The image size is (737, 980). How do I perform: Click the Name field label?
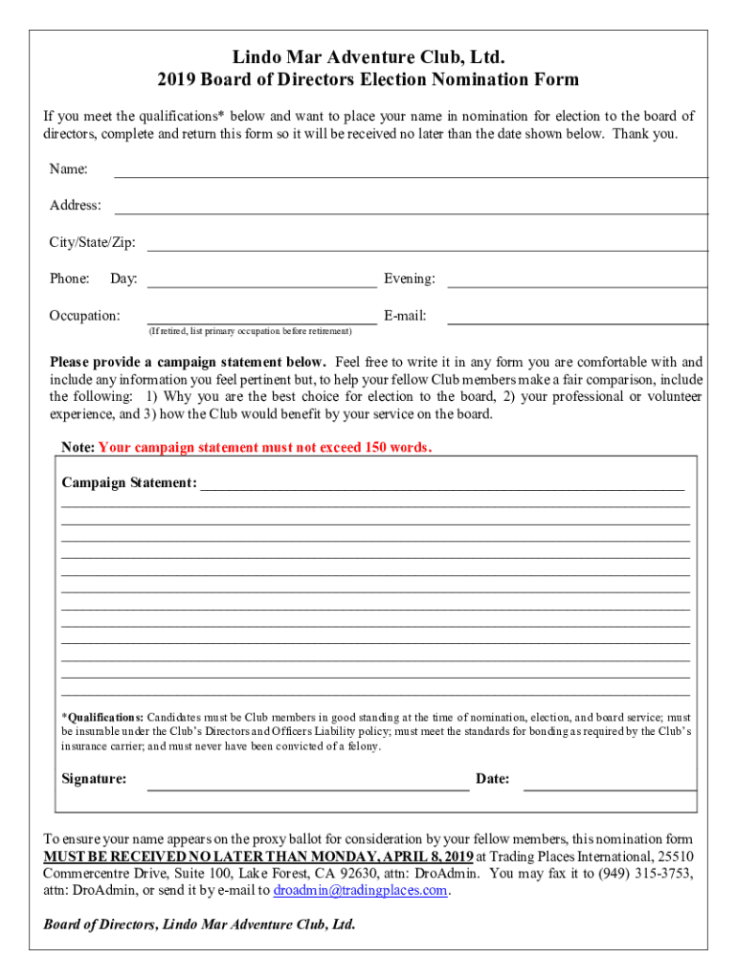pyautogui.click(x=69, y=169)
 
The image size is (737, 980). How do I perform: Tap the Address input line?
pyautogui.click(x=411, y=212)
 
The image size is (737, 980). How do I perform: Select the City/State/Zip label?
pyautogui.click(x=93, y=242)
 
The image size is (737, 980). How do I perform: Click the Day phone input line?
pyautogui.click(x=261, y=285)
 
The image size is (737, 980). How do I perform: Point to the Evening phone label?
pyautogui.click(x=410, y=279)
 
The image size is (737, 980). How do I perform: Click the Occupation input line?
pyautogui.click(x=261, y=323)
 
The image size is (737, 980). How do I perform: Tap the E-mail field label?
pyautogui.click(x=405, y=316)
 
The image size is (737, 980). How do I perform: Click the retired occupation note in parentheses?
pyautogui.click(x=250, y=331)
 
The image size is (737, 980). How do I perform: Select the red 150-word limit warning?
pyautogui.click(x=265, y=447)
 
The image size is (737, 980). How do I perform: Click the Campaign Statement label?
pyautogui.click(x=129, y=482)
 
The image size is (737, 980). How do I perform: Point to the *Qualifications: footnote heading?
pyautogui.click(x=102, y=717)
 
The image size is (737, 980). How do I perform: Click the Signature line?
pyautogui.click(x=307, y=790)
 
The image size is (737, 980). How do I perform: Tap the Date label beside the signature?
pyautogui.click(x=492, y=779)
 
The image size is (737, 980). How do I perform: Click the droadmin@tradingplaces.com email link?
pyautogui.click(x=361, y=890)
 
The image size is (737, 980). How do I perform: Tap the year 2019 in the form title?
pyautogui.click(x=178, y=79)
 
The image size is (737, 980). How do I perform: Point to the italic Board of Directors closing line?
pyautogui.click(x=199, y=924)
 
